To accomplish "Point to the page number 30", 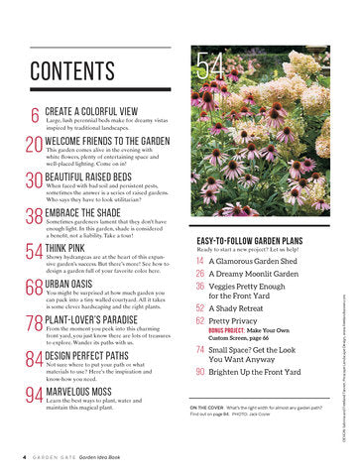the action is pyautogui.click(x=33, y=181).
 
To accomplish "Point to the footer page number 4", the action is pyautogui.click(x=23, y=458).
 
